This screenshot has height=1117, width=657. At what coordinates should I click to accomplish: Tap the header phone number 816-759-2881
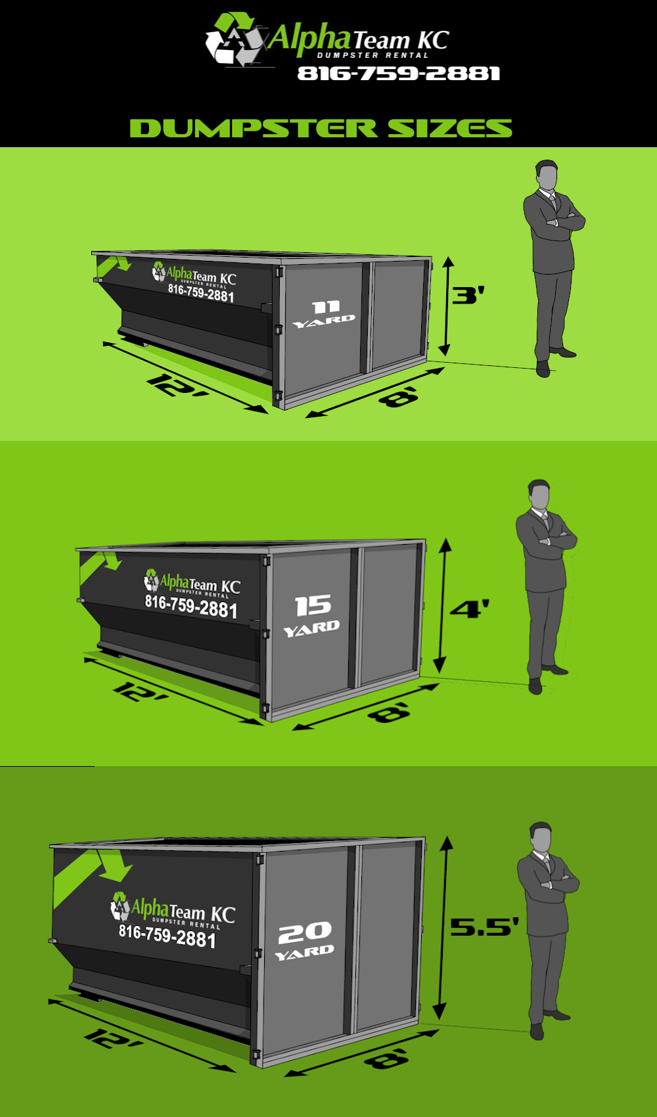click(399, 74)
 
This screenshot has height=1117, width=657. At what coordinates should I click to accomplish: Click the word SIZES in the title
click(450, 128)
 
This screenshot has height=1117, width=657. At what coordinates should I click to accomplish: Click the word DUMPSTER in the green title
click(253, 128)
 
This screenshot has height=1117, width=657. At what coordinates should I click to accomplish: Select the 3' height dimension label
click(468, 295)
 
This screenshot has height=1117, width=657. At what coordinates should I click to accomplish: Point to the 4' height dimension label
click(469, 608)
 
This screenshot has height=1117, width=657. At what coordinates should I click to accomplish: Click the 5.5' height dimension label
click(484, 926)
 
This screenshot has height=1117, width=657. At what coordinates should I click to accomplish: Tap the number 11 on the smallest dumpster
click(326, 307)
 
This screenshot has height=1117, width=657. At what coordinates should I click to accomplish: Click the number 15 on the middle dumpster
click(313, 605)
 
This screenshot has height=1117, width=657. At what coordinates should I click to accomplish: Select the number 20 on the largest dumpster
click(305, 932)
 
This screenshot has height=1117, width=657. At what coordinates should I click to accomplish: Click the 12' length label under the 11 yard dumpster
click(177, 386)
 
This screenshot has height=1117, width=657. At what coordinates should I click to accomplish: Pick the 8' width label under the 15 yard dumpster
click(390, 712)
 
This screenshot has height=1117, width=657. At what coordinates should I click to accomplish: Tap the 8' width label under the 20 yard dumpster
click(387, 1058)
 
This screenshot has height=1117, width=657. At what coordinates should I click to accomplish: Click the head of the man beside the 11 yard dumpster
click(547, 175)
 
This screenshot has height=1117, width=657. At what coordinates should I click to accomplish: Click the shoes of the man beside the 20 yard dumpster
click(549, 1025)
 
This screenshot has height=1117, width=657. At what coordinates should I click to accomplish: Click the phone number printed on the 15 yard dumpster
click(191, 606)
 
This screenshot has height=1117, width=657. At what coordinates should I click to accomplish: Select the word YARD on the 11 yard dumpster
click(323, 321)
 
